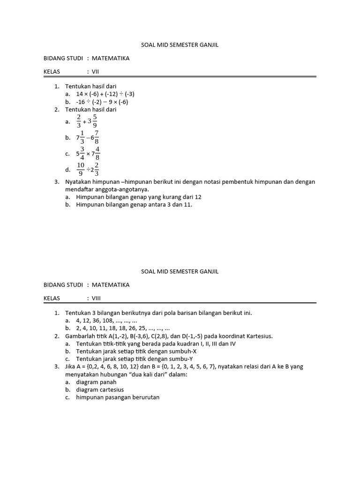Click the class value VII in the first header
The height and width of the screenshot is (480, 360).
pyautogui.click(x=95, y=72)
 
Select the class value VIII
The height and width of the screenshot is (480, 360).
pyautogui.click(x=96, y=298)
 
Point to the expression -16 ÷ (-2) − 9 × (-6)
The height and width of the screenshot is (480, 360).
pyautogui.click(x=102, y=102)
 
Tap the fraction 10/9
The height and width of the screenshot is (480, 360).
pyautogui.click(x=81, y=169)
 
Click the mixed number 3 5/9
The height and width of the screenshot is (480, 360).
pyautogui.click(x=91, y=121)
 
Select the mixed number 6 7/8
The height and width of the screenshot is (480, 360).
pyautogui.click(x=94, y=137)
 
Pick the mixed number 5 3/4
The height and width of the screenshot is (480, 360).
pyautogui.click(x=81, y=153)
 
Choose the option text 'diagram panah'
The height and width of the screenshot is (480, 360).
pyautogui.click(x=96, y=382)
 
